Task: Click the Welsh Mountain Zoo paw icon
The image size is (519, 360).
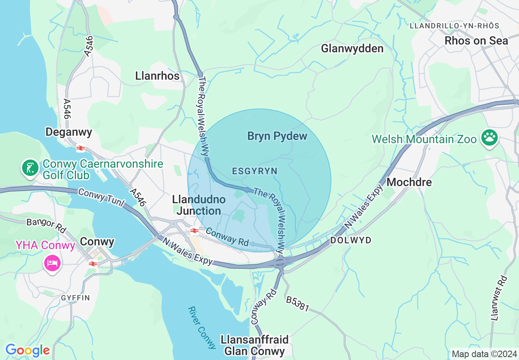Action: tap(490, 139)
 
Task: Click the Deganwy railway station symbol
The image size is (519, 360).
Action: tap(81, 148)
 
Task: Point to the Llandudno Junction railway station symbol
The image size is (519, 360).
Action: tap(194, 231)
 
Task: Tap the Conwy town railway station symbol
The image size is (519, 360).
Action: tap(93, 264)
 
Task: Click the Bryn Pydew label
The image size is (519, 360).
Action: tap(277, 136)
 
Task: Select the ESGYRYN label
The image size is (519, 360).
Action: tap(255, 171)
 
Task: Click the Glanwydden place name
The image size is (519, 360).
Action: tap(352, 49)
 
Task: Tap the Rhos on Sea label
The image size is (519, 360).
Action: tap(476, 41)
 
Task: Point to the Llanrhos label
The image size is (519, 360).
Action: tap(157, 76)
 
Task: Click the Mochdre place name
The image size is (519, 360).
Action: tap(409, 182)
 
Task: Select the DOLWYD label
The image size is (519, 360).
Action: tap(350, 241)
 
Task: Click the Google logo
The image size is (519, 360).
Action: tap(27, 350)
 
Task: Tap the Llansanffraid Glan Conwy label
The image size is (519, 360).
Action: tap(254, 345)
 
